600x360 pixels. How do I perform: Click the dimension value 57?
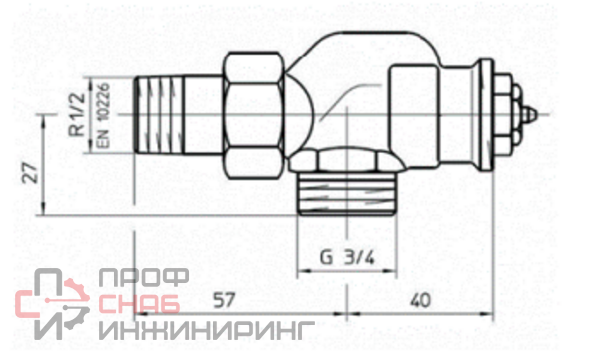click(x=224, y=300)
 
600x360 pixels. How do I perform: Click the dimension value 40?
click(x=420, y=301)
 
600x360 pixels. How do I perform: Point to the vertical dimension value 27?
click(x=30, y=172)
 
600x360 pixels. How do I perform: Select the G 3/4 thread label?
click(x=347, y=257)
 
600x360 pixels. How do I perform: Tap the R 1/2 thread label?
click(x=78, y=114)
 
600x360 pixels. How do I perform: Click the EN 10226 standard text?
click(x=103, y=115)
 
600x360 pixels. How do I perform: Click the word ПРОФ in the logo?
click(x=144, y=277)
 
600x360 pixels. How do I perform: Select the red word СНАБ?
click(x=139, y=305)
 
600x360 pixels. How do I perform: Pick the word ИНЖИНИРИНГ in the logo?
click(x=207, y=330)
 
